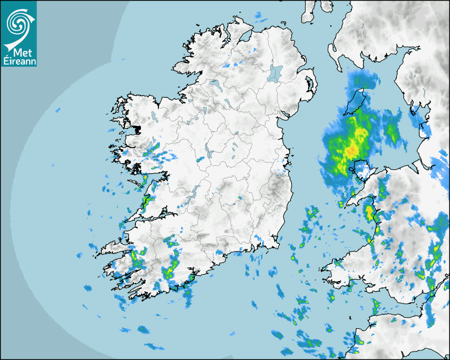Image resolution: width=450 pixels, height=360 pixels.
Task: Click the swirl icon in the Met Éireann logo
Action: (18, 22)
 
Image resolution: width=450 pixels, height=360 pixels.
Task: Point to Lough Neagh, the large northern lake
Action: (275, 73)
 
